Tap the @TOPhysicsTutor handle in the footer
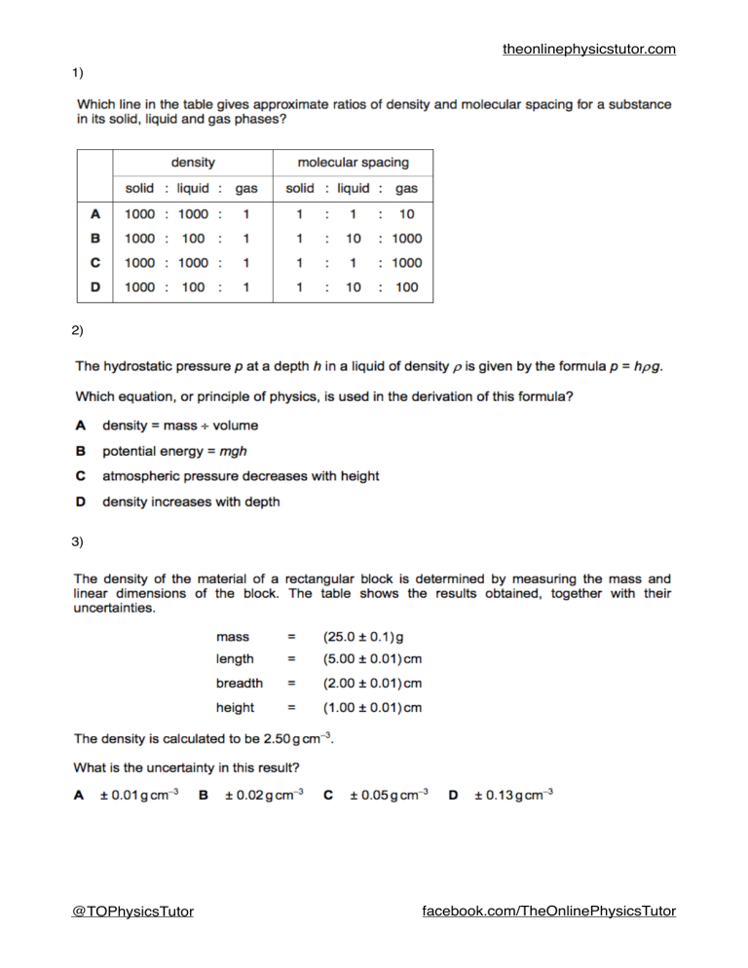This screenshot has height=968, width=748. click(132, 912)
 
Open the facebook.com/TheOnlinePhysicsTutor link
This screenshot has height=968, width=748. click(548, 912)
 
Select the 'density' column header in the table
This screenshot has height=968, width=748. click(193, 163)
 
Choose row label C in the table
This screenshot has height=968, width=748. click(95, 263)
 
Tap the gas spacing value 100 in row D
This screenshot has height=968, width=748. click(406, 287)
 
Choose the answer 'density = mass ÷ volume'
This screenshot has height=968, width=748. click(180, 426)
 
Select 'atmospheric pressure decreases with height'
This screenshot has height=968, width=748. click(241, 476)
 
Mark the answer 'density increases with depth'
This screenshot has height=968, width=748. click(191, 502)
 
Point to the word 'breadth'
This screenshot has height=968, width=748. click(240, 684)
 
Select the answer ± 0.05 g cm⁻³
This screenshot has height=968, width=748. click(388, 796)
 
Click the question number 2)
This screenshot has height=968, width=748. click(78, 331)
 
